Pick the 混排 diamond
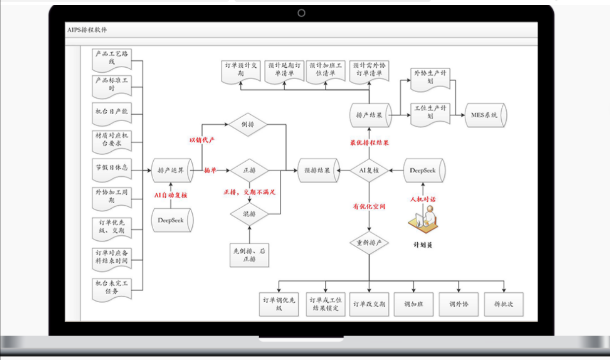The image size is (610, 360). [x=249, y=214]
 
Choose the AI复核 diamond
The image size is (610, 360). [x=369, y=171]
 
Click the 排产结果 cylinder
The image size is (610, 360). [x=370, y=115]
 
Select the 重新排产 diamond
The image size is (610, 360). [x=369, y=243]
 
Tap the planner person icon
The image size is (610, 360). [x=423, y=220]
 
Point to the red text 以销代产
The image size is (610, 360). [x=202, y=140]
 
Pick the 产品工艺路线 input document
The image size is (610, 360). [x=112, y=58]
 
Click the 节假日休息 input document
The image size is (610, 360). [x=112, y=168]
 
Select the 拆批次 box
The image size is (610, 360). [x=503, y=304]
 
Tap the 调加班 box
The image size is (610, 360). [x=413, y=304]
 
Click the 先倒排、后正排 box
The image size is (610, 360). [x=249, y=255]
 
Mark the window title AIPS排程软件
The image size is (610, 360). [x=87, y=30]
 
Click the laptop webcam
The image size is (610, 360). [x=302, y=13]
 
